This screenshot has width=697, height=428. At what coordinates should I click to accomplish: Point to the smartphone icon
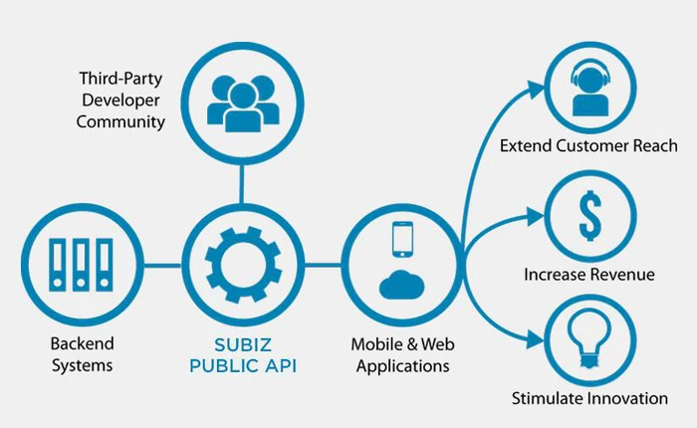[401, 241]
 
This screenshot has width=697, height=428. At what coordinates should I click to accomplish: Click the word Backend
[83, 344]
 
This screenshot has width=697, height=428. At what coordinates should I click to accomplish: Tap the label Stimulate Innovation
[589, 398]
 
